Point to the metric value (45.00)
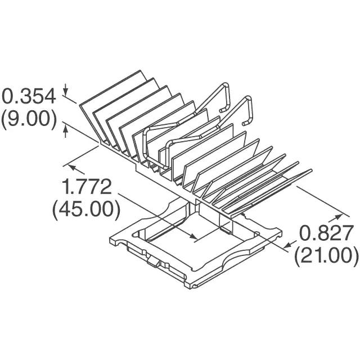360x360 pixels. tap(86, 209)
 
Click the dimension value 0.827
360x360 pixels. tap(326, 232)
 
